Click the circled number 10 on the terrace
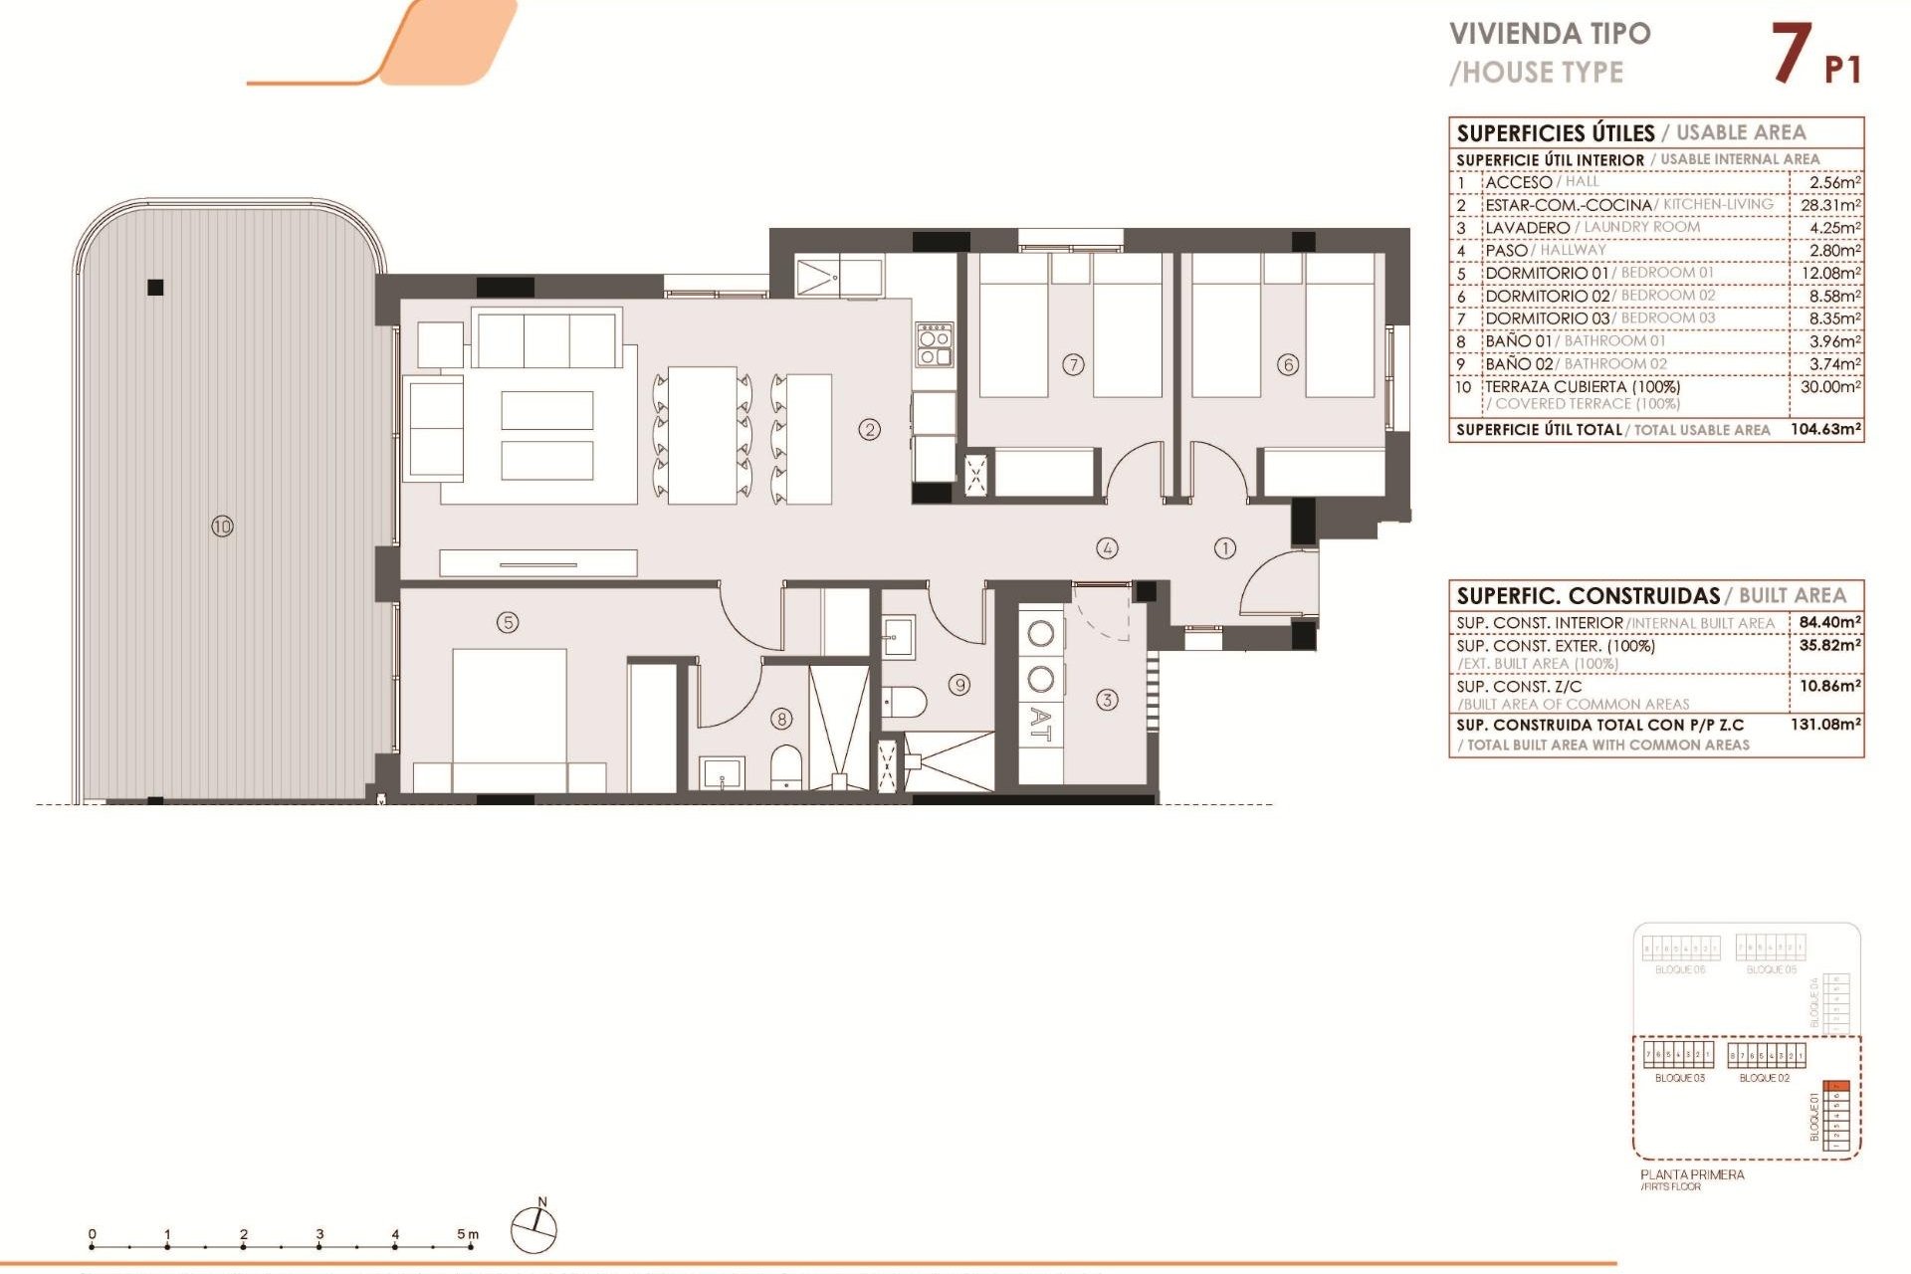coord(222,526)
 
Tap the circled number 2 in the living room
coord(870,430)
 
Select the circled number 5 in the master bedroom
coord(508,622)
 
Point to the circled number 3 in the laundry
coord(1107,700)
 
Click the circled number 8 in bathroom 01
coord(782,718)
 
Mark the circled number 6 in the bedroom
coord(1288,364)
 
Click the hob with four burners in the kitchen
coord(935,344)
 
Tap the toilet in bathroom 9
coord(904,702)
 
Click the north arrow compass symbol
coord(534,1230)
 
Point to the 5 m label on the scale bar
coord(467,1234)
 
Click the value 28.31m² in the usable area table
coord(1829,205)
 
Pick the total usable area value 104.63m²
coord(1825,429)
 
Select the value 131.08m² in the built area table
coord(1825,725)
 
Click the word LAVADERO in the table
coord(1527,228)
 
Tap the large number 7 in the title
coord(1792,54)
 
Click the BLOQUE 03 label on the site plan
coord(1679,1078)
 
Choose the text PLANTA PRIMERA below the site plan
coord(1692,1174)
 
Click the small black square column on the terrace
coord(155,288)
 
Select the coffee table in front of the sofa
coord(547,435)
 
